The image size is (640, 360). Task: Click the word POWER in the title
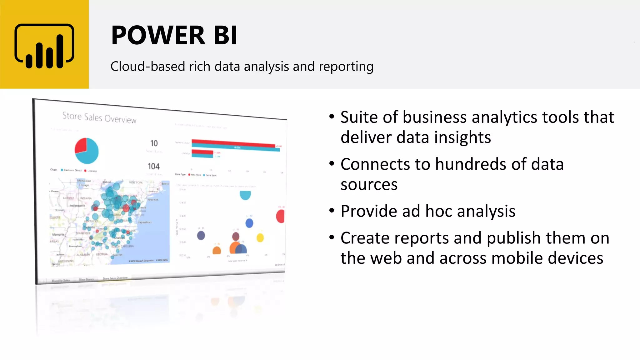(x=158, y=35)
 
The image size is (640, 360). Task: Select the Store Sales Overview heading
(x=99, y=117)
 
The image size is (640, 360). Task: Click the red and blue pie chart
(x=87, y=151)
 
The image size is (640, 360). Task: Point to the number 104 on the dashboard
(x=153, y=166)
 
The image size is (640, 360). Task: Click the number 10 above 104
(x=154, y=143)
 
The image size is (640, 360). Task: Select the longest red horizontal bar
(x=233, y=143)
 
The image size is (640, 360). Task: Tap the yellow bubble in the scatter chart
(x=260, y=238)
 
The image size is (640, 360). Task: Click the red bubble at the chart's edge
(x=280, y=216)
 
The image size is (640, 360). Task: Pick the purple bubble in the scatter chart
(x=201, y=235)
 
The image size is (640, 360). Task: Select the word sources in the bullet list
(x=369, y=185)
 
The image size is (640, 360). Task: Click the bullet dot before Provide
(x=332, y=211)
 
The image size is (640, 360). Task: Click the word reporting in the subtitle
(x=346, y=67)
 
